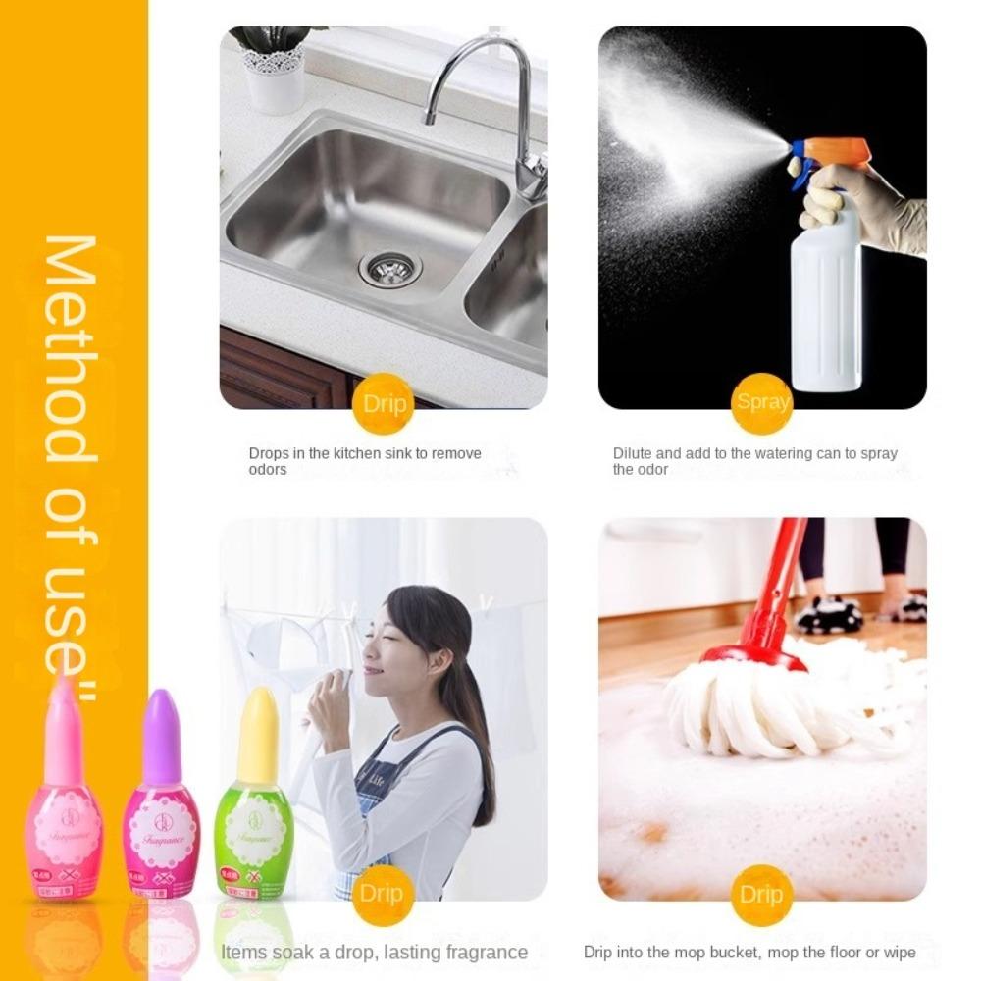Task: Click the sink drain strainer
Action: point(390,266)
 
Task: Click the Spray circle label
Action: point(762,402)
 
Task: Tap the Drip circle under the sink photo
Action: point(384,403)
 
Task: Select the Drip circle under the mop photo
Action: point(761,894)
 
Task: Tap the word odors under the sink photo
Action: point(268,470)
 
